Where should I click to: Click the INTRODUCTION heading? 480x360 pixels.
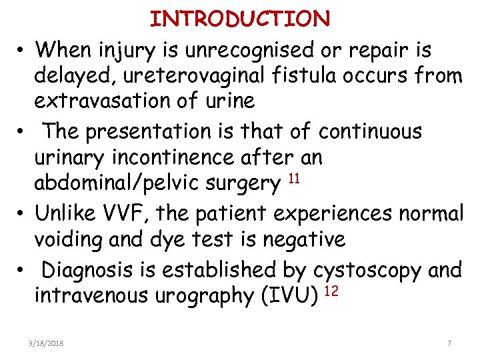(x=240, y=19)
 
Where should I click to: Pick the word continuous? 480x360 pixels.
(x=370, y=131)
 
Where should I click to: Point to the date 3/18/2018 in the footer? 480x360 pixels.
(x=47, y=343)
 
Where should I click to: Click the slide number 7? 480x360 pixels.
(x=449, y=343)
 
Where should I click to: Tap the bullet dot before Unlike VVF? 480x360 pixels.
(x=23, y=214)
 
